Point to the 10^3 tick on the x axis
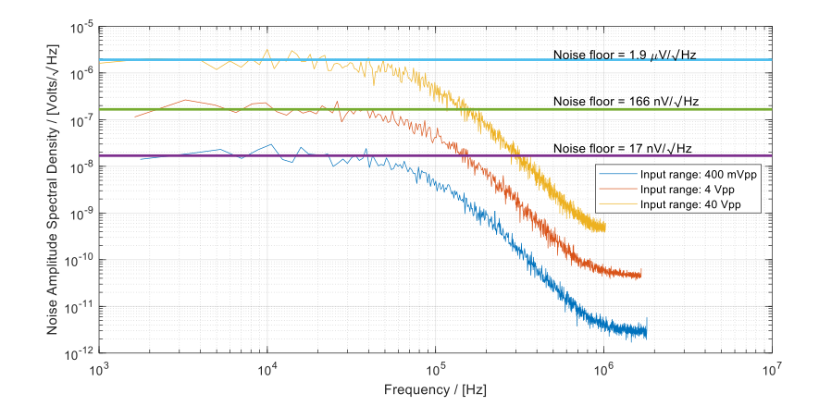pos(99,367)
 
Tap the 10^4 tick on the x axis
pos(267,367)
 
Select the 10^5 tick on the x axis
pos(435,367)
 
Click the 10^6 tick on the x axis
pos(603,367)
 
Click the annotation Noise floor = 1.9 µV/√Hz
pos(624,55)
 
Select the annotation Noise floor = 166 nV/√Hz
pos(624,101)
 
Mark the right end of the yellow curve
pos(605,228)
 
